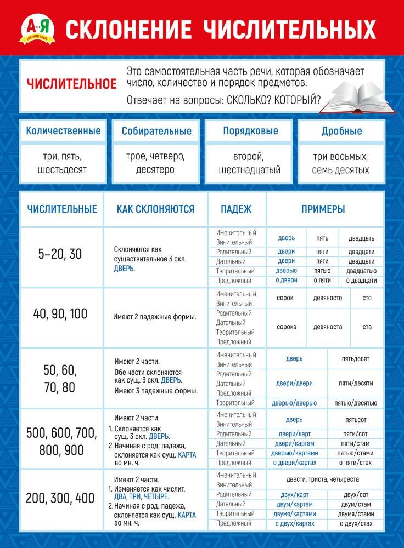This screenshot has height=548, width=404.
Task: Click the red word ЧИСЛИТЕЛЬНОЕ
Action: (72, 84)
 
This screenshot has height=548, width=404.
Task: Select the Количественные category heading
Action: (63, 131)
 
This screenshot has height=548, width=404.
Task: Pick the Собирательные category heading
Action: (156, 131)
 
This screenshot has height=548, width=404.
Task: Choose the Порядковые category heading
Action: (250, 131)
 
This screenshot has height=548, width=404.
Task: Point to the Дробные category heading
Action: (341, 131)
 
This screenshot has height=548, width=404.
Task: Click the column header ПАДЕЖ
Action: (237, 209)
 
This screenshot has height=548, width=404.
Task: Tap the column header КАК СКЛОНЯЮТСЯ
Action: (155, 209)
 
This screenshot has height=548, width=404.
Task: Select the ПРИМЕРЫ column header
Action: (323, 209)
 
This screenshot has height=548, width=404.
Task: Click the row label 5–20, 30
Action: (60, 254)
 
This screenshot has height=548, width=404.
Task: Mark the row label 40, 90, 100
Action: (60, 314)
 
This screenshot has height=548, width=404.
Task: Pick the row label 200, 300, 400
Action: (60, 499)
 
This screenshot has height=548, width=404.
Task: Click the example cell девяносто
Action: (327, 298)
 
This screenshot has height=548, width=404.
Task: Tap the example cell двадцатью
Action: (361, 271)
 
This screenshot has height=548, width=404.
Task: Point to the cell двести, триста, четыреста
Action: (323, 480)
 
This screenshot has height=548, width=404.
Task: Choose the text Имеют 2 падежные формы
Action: (155, 317)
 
